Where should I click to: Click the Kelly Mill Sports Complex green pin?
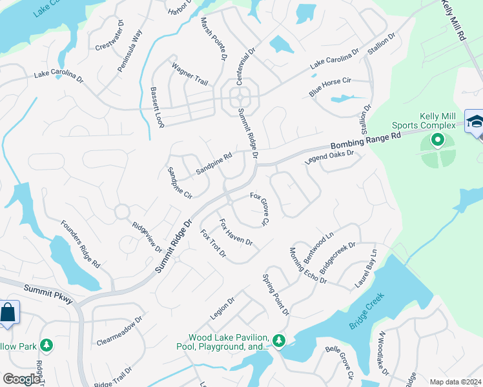437,139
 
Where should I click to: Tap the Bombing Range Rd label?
365,141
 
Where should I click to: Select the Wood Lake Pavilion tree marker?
278,340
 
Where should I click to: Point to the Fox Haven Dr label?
235,233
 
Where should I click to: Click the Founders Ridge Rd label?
80,244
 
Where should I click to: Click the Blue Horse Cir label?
329,87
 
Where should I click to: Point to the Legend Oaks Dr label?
330,159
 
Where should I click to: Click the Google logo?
21,379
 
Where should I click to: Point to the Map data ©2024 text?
455,382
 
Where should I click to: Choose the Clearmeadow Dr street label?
119,330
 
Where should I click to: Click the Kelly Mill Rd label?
454,21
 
